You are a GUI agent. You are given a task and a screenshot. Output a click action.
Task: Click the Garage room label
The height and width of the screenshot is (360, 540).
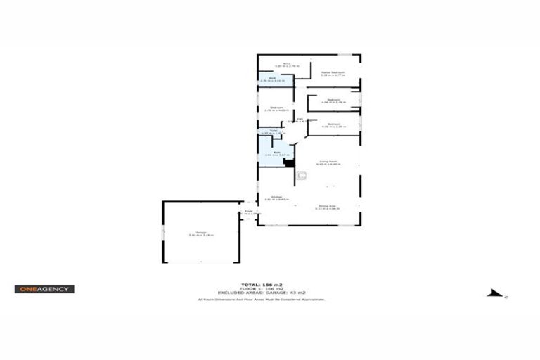pos(200,235)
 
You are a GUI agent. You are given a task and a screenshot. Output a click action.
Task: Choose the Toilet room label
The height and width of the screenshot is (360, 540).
pos(273,131)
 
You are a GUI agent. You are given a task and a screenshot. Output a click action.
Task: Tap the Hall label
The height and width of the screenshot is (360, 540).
pos(300,120)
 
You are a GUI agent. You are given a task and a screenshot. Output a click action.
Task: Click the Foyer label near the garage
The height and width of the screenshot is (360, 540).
pos(248,212)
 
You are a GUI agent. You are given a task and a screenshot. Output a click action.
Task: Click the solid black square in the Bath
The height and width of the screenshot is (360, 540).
pos(288,163)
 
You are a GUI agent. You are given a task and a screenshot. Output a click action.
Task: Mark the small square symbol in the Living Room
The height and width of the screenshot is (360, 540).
pos(302,175)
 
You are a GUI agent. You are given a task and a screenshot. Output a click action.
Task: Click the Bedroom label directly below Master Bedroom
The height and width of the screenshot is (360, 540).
pos(333,101)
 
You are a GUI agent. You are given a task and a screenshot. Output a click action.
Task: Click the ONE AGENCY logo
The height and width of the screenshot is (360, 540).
pos(44,289)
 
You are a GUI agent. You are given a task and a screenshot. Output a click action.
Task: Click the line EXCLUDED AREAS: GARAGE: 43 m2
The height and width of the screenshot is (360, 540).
pos(262,293)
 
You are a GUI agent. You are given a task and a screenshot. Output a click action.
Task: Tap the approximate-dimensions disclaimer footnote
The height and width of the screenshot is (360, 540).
pos(262,300)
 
